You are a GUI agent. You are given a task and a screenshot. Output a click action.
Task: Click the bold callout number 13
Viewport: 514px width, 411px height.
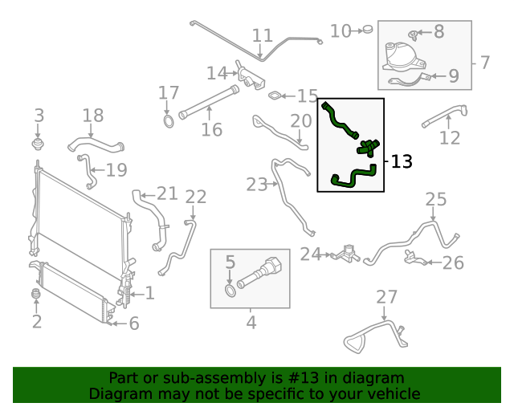tap(402, 162)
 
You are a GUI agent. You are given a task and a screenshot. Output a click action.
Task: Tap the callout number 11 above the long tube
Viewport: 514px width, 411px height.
tap(263, 35)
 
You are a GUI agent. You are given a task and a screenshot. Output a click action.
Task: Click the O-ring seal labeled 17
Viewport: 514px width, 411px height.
tap(169, 122)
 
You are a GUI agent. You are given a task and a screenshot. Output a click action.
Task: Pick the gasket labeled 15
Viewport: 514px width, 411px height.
tap(275, 96)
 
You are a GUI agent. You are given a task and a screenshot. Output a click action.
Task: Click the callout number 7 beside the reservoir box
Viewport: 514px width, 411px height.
tap(485, 62)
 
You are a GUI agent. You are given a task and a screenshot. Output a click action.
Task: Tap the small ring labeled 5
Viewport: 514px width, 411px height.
tap(230, 289)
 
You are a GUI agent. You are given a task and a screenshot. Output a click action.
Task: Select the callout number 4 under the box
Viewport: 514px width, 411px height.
tap(251, 323)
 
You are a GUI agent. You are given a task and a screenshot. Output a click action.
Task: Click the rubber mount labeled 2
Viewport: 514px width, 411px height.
tap(35, 296)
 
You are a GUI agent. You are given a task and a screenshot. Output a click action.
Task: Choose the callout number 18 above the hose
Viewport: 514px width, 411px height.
tap(93, 116)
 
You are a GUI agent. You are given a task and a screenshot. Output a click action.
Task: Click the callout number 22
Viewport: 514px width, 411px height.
tap(196, 197)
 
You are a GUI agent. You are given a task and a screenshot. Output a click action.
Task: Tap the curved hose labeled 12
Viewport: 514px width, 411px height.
tap(444, 116)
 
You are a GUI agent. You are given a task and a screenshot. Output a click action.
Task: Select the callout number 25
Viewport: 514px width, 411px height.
tap(435, 198)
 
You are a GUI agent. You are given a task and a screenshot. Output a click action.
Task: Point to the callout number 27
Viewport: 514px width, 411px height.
tap(387, 297)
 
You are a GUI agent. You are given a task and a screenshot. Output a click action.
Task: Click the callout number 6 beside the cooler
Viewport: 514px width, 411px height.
tap(134, 324)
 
